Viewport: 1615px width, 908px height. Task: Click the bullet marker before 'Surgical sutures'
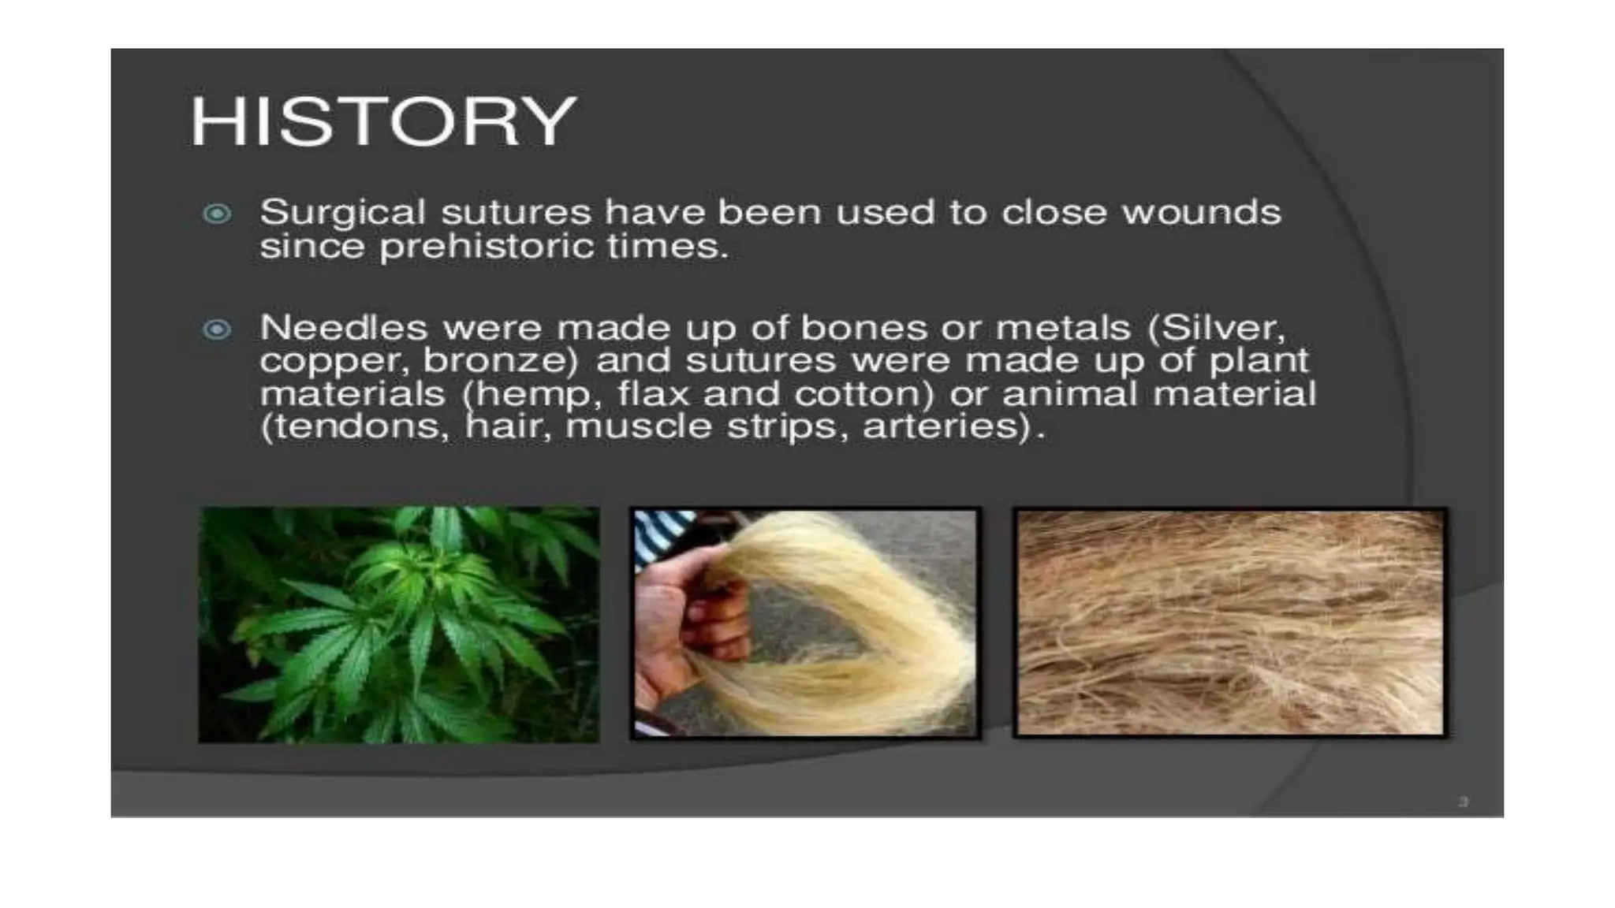pos(217,214)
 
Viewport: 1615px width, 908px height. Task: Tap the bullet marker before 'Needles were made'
pos(217,329)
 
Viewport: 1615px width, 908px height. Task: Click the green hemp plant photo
pos(399,624)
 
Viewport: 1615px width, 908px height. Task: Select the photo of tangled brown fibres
pos(1230,623)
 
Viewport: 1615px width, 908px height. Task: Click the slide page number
pos(1464,802)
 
